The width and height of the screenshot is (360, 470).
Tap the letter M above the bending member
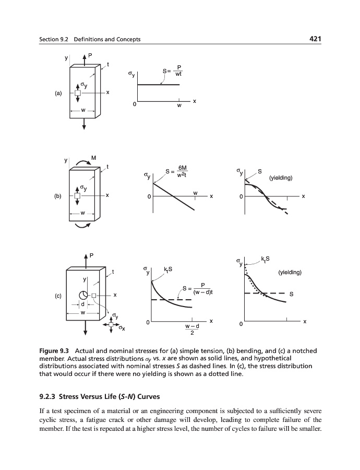93,157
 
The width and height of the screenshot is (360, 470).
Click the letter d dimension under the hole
82,305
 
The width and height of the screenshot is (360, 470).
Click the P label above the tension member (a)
89,53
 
